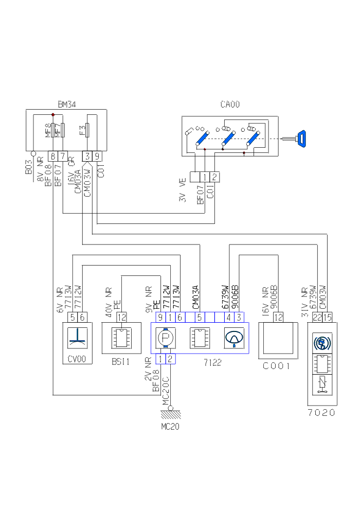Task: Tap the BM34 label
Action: click(x=67, y=104)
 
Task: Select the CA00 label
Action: click(x=230, y=104)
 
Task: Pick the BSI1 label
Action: click(x=121, y=362)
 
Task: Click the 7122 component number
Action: click(x=212, y=362)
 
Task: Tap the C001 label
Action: click(x=277, y=366)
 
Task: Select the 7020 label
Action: click(x=321, y=413)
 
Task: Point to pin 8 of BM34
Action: click(x=53, y=155)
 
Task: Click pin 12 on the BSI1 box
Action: click(x=121, y=317)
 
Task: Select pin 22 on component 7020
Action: click(x=317, y=317)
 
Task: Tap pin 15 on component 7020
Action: click(x=328, y=317)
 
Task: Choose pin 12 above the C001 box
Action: click(x=278, y=317)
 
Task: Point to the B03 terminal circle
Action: click(x=33, y=153)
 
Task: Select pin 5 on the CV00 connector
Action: click(x=73, y=317)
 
